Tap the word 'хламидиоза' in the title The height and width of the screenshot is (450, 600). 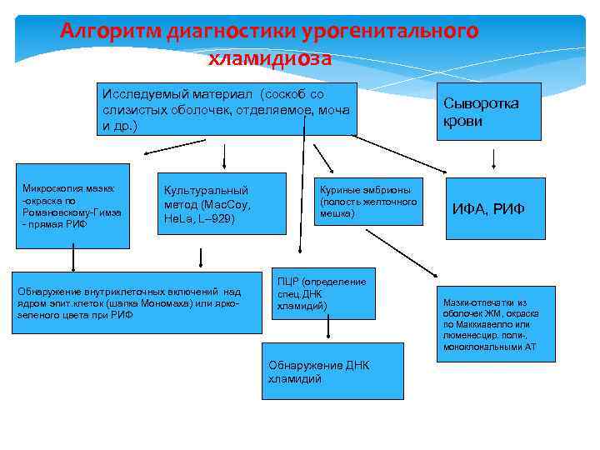[x=271, y=58]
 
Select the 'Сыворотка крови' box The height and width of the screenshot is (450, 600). [x=492, y=111]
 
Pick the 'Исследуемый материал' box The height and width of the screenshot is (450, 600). [x=226, y=109]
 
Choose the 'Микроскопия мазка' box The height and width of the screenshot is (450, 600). [x=72, y=206]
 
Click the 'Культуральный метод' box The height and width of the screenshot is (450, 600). [x=222, y=204]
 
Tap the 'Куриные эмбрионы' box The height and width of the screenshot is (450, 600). [x=367, y=201]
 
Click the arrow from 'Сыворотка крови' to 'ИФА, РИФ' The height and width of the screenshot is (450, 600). [x=495, y=158]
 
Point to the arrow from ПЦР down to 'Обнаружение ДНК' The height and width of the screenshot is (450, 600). [x=328, y=330]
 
